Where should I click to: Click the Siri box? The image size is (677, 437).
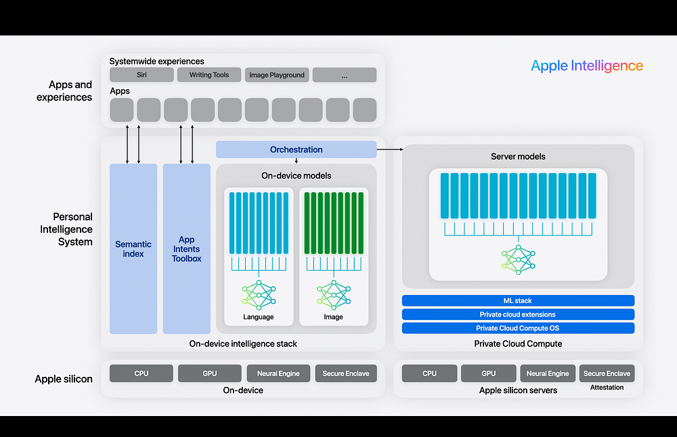(141, 75)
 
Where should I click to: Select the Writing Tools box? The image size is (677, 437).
(209, 75)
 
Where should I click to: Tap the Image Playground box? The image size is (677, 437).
(277, 75)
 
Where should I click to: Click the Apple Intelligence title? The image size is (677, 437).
(586, 66)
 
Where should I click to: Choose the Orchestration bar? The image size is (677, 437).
(296, 149)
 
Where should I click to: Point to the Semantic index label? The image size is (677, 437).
(133, 249)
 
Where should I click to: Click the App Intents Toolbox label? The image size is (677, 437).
(186, 249)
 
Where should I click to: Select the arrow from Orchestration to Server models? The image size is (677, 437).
(389, 149)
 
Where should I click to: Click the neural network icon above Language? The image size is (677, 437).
(259, 295)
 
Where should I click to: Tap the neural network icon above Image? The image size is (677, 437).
(333, 295)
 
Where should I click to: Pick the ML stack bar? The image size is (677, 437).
(518, 300)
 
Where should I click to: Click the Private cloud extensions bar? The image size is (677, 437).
(518, 315)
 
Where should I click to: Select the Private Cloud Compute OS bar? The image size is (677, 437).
(518, 328)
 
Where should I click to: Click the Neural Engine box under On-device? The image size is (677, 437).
(278, 373)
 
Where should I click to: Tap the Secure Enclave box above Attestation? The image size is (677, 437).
(607, 373)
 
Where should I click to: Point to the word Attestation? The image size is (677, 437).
(607, 388)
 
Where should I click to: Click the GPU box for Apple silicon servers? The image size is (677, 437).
(489, 373)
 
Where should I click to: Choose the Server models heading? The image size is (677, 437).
(518, 156)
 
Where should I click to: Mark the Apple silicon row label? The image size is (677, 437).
(64, 379)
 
